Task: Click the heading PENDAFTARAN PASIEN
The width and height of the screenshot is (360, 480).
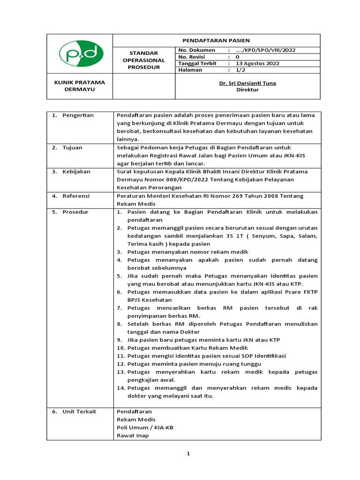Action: click(216, 40)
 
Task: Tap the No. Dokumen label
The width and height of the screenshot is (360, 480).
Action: click(197, 50)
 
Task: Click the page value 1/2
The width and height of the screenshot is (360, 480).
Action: click(240, 70)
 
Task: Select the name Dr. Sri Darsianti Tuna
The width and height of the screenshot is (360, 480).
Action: click(247, 83)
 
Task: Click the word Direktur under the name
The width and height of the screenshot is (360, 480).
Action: click(247, 90)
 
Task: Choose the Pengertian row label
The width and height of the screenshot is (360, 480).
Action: click(78, 115)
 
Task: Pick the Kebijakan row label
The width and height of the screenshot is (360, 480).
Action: click(76, 172)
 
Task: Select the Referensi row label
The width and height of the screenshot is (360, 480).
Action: click(76, 196)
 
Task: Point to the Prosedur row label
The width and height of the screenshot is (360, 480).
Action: click(75, 212)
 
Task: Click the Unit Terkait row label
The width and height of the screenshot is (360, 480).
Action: click(79, 411)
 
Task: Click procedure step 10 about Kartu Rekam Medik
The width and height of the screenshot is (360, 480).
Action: click(187, 348)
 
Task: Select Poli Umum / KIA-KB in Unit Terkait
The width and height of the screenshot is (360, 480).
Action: click(145, 427)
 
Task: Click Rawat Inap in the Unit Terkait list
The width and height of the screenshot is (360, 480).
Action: click(133, 435)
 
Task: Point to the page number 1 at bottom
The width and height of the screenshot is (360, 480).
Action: click(188, 454)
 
